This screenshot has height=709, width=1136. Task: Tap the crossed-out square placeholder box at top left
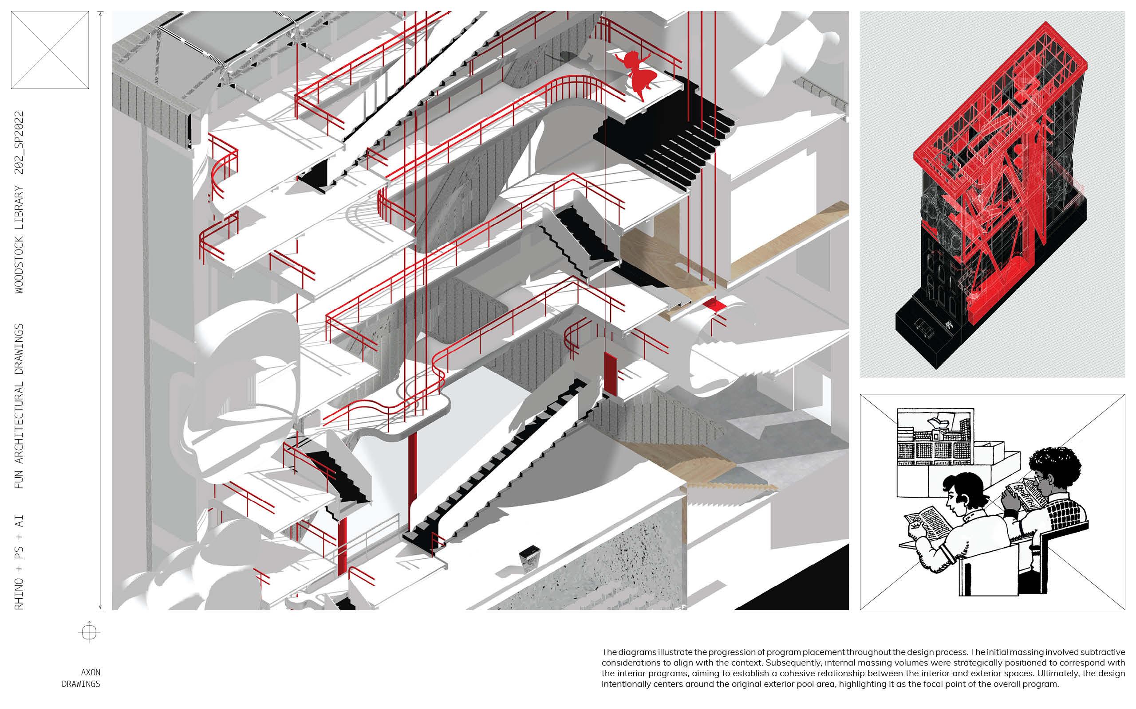pos(50,50)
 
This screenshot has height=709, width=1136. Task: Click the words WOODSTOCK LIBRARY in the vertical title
pos(19,239)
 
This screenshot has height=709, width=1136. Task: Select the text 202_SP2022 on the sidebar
pos(19,143)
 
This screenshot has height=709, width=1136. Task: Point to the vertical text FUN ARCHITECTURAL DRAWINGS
pos(19,406)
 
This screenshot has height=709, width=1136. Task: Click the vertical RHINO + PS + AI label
pos(19,562)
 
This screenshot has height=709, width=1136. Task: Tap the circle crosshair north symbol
pos(89,632)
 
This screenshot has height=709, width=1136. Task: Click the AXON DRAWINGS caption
pos(82,678)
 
